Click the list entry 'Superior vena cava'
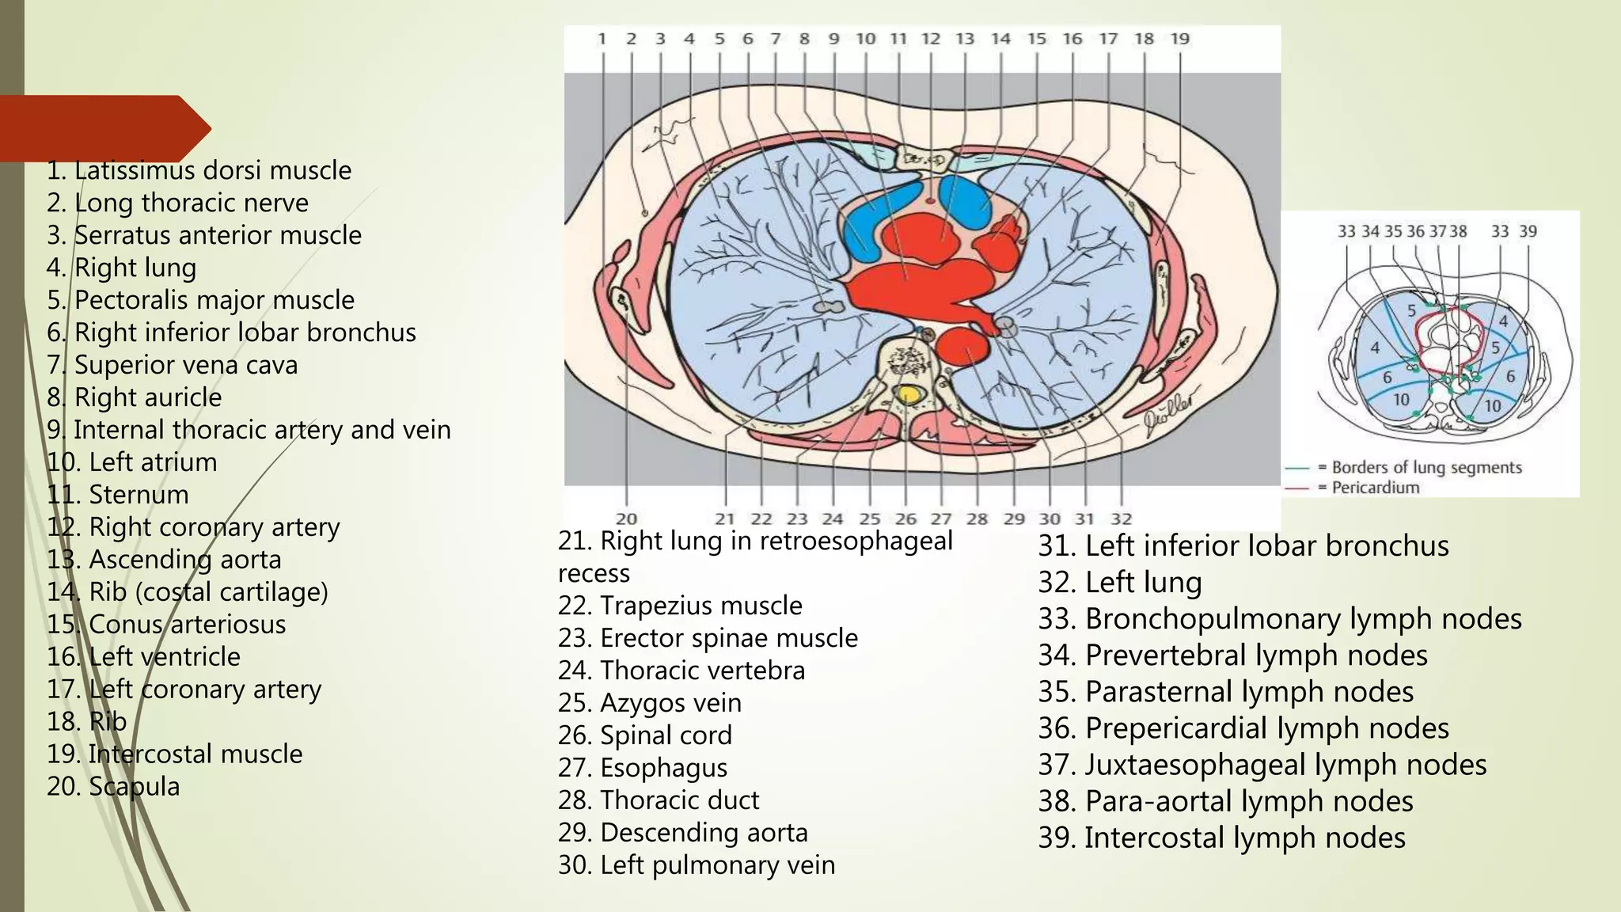coord(173,365)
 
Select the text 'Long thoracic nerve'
coord(177,203)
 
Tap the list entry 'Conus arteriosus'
coord(166,624)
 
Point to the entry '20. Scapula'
coord(113,786)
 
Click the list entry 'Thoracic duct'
coord(659,800)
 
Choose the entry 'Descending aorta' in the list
coord(683,833)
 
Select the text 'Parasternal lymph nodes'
coord(1226,692)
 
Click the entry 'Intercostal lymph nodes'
coord(1222,838)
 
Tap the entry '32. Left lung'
coord(1120,583)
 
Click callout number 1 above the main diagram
coord(602,39)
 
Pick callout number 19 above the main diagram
coord(1179,39)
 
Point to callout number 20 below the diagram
coord(626,519)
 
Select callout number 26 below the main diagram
coord(905,519)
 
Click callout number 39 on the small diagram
coord(1528,231)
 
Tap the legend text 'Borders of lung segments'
coord(1426,467)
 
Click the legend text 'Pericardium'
coord(1376,488)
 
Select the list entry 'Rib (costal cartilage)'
coord(188,591)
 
